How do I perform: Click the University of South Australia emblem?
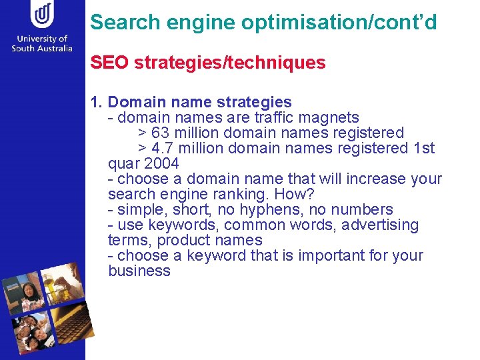pos(43,15)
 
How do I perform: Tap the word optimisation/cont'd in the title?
pos(339,23)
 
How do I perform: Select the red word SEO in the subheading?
pos(110,63)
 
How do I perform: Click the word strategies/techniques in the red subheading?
pos(230,63)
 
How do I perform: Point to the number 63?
pos(160,133)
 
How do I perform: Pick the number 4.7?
pos(163,148)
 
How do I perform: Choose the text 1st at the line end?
pos(424,148)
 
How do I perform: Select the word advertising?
pos(380,225)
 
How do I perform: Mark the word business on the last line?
pos(139,271)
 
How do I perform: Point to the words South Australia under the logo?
pos(41,49)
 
